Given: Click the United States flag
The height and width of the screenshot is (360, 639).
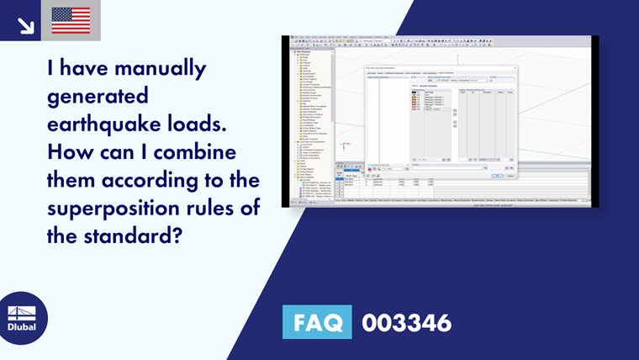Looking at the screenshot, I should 71,20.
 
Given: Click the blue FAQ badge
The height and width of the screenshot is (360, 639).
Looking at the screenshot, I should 318,322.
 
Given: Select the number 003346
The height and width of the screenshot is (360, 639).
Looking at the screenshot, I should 406,322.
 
